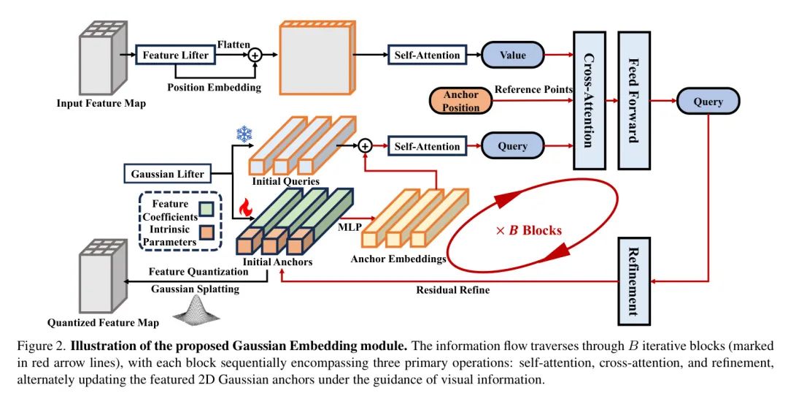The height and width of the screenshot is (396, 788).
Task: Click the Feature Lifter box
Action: pyautogui.click(x=175, y=55)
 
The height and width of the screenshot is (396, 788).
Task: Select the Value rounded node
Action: pyautogui.click(x=512, y=55)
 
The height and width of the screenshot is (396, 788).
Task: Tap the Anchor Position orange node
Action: pyautogui.click(x=461, y=101)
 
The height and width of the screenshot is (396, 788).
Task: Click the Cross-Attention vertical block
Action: pyautogui.click(x=590, y=100)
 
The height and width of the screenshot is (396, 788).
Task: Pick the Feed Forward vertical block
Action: pyautogui.click(x=633, y=100)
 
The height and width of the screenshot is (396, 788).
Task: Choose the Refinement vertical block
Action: pyautogui.click(x=633, y=281)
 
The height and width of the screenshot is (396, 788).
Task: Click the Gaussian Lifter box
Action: pyautogui.click(x=167, y=174)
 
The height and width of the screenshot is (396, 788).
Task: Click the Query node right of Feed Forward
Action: pyautogui.click(x=708, y=102)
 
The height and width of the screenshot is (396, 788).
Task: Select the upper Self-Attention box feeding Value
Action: pyautogui.click(x=428, y=55)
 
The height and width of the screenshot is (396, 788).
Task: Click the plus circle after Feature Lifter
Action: pyautogui.click(x=255, y=55)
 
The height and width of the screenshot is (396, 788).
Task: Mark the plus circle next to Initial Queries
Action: pyautogui.click(x=366, y=146)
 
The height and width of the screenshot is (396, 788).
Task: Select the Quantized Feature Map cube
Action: pyautogui.click(x=100, y=275)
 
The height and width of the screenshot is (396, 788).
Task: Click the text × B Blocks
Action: pyautogui.click(x=529, y=230)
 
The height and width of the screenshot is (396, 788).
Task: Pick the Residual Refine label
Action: pyautogui.click(x=452, y=290)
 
